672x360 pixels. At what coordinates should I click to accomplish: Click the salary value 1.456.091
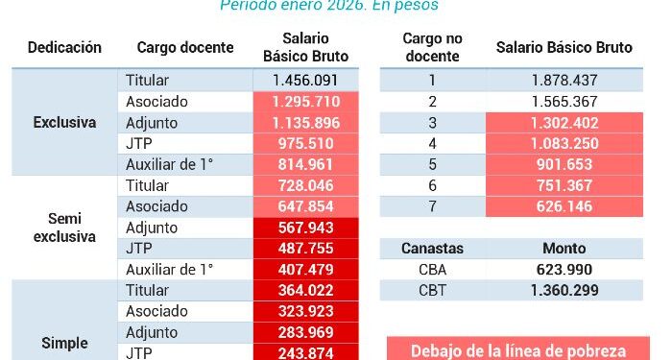point(305,81)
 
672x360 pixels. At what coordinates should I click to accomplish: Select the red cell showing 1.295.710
point(305,101)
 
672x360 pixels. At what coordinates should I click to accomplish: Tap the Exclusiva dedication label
point(64,122)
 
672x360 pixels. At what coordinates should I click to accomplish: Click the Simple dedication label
point(64,343)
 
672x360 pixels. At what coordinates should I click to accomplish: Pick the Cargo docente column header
point(185,48)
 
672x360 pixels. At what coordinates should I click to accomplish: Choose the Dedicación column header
point(64,48)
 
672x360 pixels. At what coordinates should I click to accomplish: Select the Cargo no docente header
point(432,48)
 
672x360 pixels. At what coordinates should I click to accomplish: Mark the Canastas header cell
point(432,249)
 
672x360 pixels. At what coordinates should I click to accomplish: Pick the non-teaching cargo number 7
point(432,205)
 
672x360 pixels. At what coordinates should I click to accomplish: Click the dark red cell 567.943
point(305,228)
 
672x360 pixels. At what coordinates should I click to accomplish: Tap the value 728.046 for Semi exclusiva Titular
point(305,185)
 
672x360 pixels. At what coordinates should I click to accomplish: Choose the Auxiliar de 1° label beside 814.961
point(169,164)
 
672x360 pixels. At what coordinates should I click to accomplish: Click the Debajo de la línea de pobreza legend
point(518,350)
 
